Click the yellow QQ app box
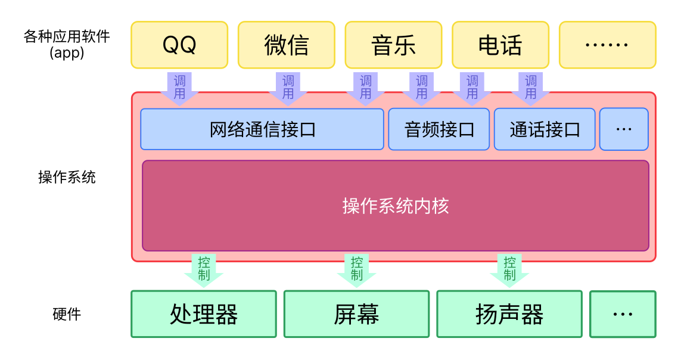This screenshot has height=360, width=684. click(179, 45)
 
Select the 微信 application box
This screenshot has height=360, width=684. click(286, 45)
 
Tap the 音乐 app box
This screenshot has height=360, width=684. click(393, 45)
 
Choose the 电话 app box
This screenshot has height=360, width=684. click(500, 45)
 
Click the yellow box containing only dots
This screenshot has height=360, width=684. click(607, 45)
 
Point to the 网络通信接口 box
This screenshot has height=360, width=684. click(262, 129)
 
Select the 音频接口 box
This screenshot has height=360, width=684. click(439, 129)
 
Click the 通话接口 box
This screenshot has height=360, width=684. click(545, 129)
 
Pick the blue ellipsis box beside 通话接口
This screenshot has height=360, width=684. click(624, 129)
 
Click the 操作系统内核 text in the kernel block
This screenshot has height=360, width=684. click(396, 206)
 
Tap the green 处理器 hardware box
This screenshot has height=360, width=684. click(204, 314)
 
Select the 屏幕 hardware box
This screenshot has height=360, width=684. click(356, 314)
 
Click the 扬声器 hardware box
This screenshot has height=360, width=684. click(509, 314)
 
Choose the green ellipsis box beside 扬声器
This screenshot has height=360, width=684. click(623, 314)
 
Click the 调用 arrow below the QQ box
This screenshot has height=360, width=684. click(179, 88)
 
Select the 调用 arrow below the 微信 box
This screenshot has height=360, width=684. click(288, 88)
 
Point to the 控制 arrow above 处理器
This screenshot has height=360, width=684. click(204, 269)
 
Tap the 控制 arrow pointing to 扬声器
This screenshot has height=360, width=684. click(509, 269)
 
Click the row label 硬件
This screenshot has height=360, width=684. click(67, 314)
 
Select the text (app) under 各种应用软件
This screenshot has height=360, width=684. click(67, 53)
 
